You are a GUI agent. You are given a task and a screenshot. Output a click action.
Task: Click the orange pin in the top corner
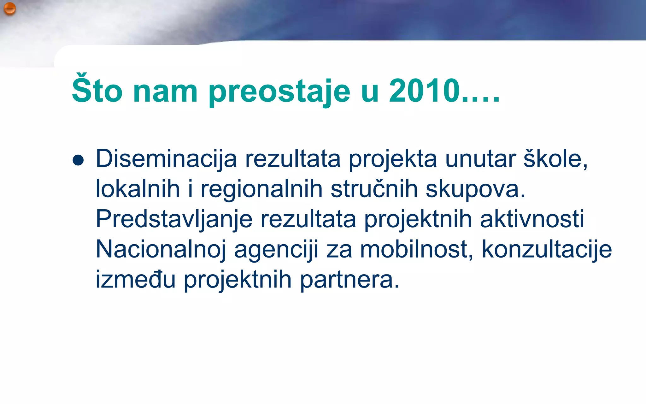point(9,9)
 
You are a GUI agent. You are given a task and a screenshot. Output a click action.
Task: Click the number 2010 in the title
point(425,90)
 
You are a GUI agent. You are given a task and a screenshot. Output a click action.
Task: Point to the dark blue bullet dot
point(78,160)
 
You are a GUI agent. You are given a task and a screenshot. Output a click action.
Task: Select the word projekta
point(393,160)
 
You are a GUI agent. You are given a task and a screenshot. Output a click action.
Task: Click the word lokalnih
point(138,189)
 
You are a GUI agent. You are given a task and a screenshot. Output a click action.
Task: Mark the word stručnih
point(374,189)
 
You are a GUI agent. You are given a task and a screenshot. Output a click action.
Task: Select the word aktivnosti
point(532,219)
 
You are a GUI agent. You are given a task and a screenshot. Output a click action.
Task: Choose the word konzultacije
point(547,249)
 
